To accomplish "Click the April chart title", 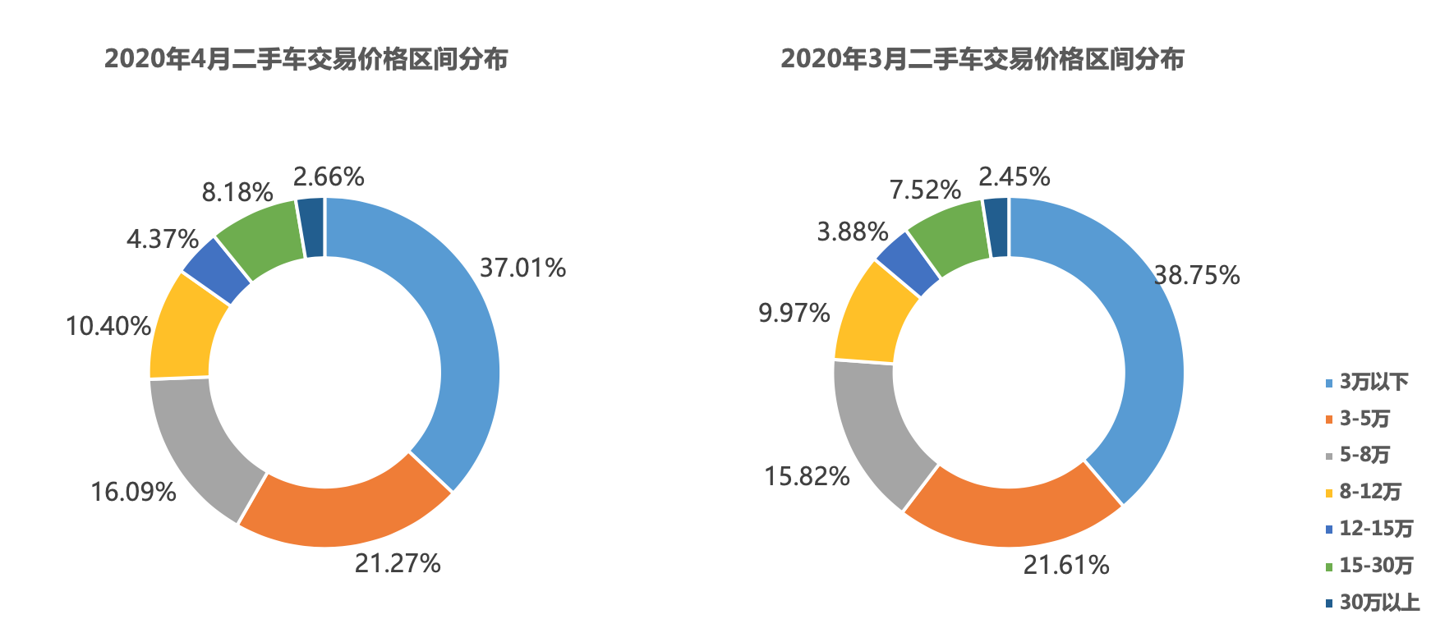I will (306, 59).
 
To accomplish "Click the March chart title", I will (982, 59).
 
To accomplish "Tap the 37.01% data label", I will (522, 268).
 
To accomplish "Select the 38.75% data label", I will (1197, 275).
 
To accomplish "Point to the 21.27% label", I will (398, 563).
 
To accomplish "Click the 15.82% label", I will (807, 476).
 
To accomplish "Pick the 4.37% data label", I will (162, 239).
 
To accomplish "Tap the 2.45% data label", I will (1014, 177).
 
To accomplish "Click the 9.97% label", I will (794, 313).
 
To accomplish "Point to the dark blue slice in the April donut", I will (311, 227).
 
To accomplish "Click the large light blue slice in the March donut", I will (1142, 345).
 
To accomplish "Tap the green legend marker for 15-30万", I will (1328, 566).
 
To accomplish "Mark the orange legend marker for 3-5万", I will (1328, 420).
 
